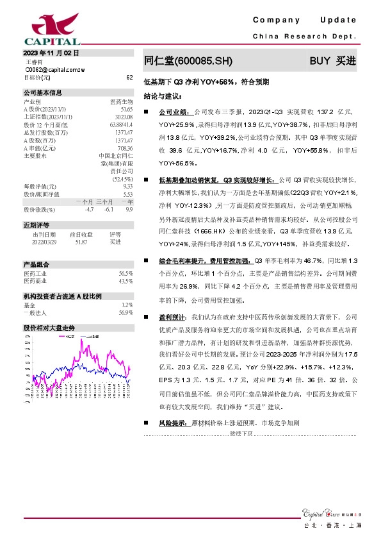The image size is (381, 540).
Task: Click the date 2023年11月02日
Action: pos(51,53)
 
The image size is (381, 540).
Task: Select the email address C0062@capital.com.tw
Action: pos(51,69)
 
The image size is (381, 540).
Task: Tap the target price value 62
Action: pos(129,77)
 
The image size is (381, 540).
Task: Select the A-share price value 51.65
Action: pos(126,110)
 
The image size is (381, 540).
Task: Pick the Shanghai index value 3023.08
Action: pos(123,117)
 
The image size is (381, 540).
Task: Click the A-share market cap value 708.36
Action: pos(124,148)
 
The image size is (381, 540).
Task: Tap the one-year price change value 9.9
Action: pos(129,209)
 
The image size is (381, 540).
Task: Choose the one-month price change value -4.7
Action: pos(89,209)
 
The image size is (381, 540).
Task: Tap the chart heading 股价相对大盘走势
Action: pos(49,327)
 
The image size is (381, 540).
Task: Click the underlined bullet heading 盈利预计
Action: pos(173,317)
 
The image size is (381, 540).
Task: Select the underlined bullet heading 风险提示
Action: pos(173,423)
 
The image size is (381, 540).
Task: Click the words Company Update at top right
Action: pos(305,21)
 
